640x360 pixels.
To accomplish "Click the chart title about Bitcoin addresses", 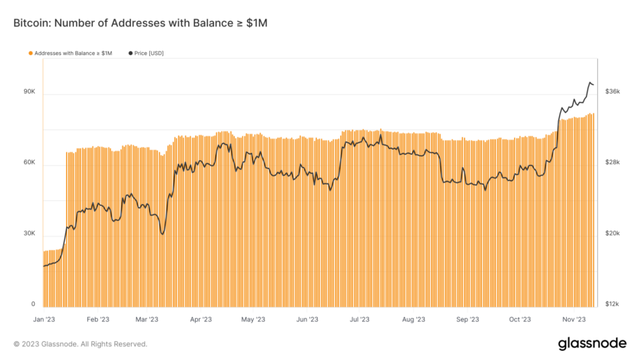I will point(140,23).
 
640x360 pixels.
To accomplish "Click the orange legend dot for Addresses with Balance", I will point(31,53).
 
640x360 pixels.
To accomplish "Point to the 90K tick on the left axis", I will point(29,91).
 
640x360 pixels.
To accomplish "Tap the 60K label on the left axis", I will point(29,163).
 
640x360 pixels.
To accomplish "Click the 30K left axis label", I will point(29,233).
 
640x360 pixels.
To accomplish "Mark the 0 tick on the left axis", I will point(33,304).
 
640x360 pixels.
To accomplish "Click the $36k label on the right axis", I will point(612,91).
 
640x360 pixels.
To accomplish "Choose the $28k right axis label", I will point(612,163).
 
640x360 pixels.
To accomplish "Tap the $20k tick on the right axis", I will point(612,233).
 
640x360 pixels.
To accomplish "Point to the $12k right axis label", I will point(612,304).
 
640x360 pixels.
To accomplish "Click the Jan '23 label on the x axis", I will point(45,319).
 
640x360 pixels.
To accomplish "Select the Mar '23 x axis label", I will point(146,319).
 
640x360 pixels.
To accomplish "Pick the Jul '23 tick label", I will point(359,319).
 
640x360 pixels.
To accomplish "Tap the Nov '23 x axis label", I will point(574,319).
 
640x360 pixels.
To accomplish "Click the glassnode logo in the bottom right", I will point(592,343).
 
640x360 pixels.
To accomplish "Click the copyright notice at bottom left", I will point(81,344).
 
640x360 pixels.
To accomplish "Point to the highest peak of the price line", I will point(590,82).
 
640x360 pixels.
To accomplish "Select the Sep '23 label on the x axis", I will point(468,319).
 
